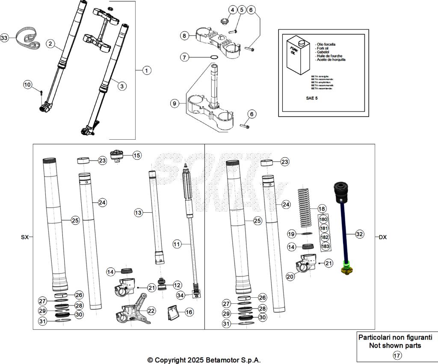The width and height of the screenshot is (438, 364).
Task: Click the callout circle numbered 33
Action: (4, 38)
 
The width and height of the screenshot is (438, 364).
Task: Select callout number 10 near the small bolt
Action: (28, 85)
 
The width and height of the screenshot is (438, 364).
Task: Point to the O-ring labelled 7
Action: (215, 57)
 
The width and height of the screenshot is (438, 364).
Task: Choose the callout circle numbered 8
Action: (184, 36)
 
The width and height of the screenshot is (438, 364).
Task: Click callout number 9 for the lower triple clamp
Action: (174, 103)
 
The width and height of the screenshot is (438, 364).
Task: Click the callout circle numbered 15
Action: (136, 155)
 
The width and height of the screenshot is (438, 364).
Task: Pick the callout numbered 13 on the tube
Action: (138, 212)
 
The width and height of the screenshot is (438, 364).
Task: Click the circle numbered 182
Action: (324, 237)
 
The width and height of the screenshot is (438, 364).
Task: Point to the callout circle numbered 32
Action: (359, 234)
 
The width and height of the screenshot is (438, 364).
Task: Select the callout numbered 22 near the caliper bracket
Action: (151, 311)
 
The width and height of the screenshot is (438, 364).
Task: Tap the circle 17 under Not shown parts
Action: (397, 355)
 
